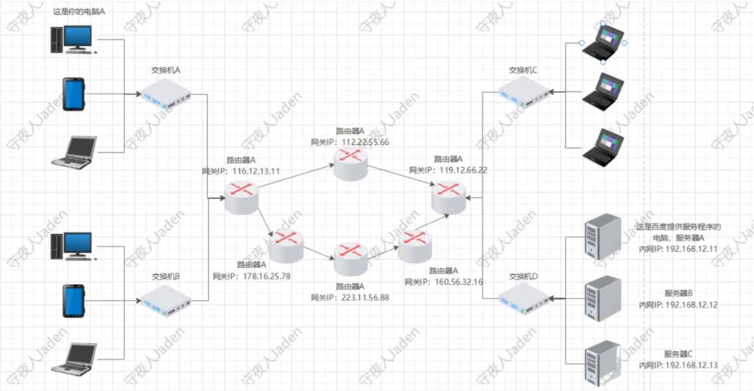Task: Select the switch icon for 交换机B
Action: (166, 301)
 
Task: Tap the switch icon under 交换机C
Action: (524, 93)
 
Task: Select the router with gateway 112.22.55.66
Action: (350, 165)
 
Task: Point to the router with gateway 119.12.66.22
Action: (449, 197)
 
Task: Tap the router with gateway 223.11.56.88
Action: (350, 257)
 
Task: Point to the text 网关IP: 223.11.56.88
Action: (350, 297)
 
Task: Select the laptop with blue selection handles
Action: (603, 43)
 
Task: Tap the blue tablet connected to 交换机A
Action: (73, 95)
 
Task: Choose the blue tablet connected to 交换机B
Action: (73, 301)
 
